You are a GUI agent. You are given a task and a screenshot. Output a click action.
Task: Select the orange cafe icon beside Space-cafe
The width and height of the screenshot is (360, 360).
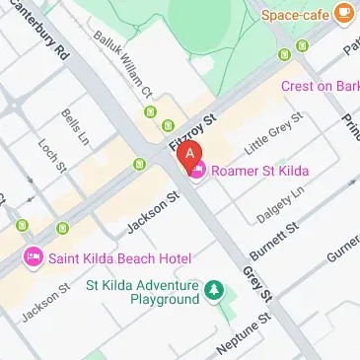[343, 12]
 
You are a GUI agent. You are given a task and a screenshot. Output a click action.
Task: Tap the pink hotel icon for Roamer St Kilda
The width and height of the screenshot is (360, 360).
[198, 172]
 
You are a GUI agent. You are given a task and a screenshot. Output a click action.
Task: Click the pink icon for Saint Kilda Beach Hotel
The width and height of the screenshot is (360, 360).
[32, 257]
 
